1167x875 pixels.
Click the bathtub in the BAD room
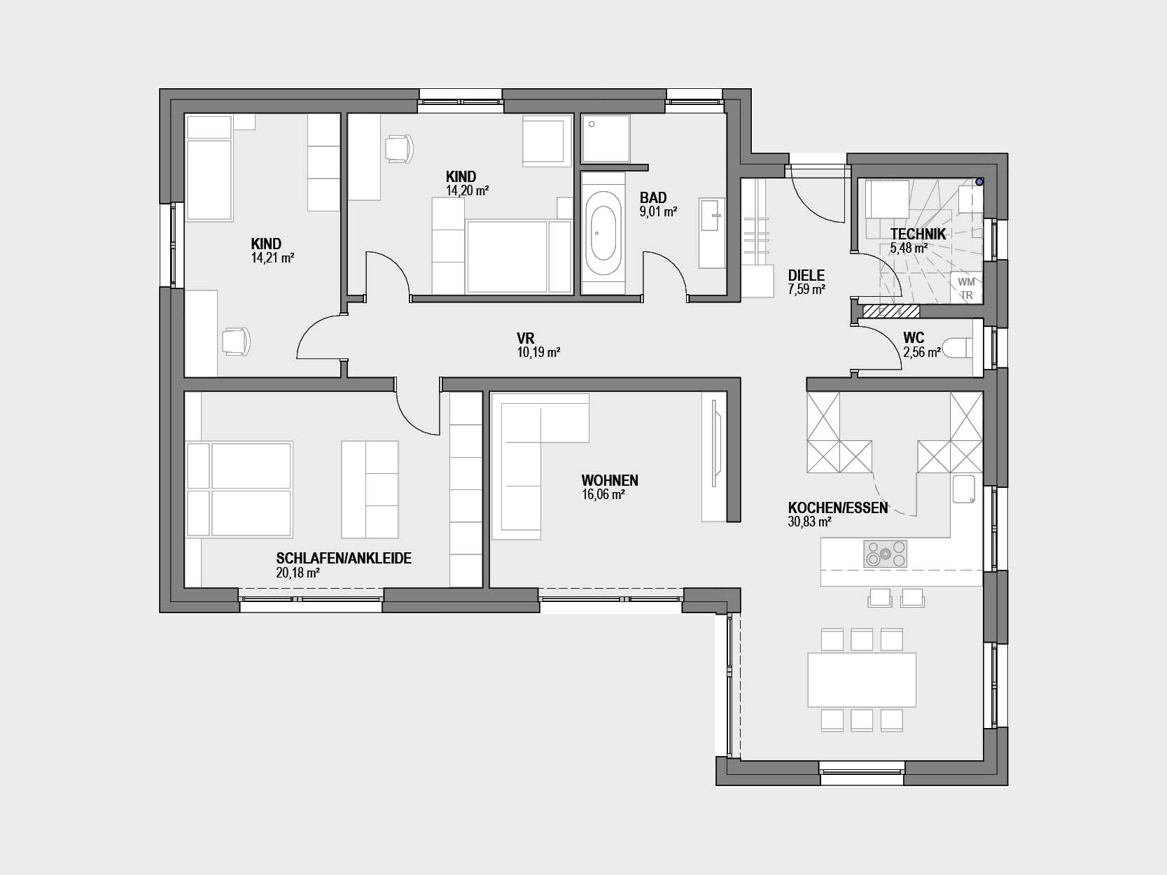point(603,232)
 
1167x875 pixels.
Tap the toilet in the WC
point(960,348)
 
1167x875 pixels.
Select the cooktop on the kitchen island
point(885,554)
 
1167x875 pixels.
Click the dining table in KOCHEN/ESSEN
point(862,680)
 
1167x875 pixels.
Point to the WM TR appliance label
point(966,288)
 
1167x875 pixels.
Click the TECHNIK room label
point(918,234)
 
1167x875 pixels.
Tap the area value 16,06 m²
point(603,495)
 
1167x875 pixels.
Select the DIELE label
point(806,275)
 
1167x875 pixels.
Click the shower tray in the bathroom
point(606,138)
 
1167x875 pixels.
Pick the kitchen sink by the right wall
point(963,489)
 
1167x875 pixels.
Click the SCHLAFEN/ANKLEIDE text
point(344,558)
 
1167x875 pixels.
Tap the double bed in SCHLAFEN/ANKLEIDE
point(239,489)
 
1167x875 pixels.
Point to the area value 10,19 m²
point(538,352)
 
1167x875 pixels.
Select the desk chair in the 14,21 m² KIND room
point(235,341)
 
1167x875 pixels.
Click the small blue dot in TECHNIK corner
point(979,182)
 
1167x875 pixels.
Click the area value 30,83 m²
point(809,522)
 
